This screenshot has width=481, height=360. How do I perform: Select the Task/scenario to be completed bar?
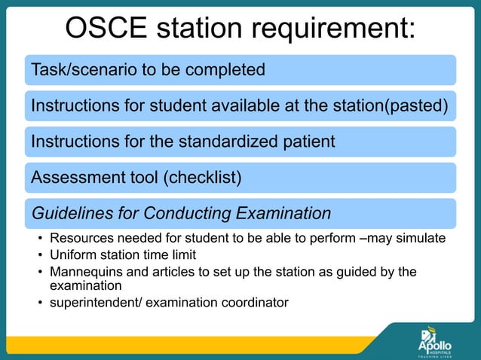[x=240, y=70]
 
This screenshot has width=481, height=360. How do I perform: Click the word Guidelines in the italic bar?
[x=68, y=214]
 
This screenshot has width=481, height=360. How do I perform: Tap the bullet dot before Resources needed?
[x=41, y=239]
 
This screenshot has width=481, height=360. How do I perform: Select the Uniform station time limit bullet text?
[x=122, y=255]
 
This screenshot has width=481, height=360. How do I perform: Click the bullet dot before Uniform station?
[x=41, y=255]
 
